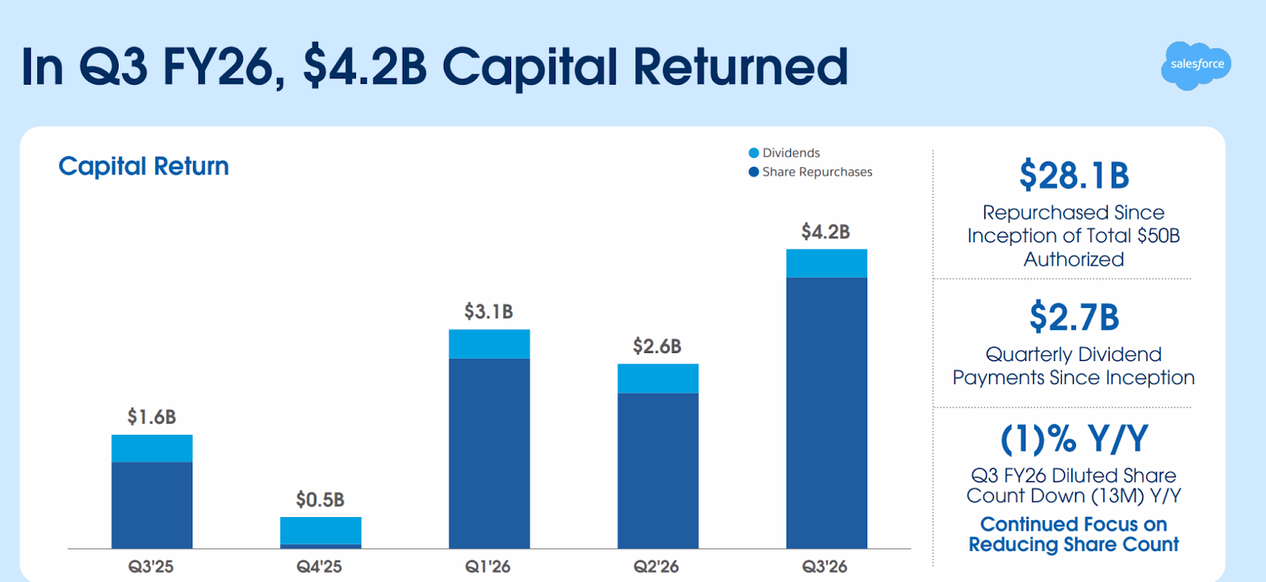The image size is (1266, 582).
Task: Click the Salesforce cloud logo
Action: pyautogui.click(x=1196, y=65)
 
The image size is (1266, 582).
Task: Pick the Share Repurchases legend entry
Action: pyautogui.click(x=810, y=172)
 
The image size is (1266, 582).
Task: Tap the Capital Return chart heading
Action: pyautogui.click(x=143, y=166)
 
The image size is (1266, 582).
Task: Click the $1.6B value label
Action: pyautogui.click(x=152, y=417)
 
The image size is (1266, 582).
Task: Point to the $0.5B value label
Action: pyautogui.click(x=320, y=500)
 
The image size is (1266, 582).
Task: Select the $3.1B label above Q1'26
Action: pyautogui.click(x=489, y=311)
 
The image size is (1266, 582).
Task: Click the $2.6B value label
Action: pyautogui.click(x=657, y=346)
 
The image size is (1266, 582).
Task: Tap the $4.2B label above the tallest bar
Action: pyautogui.click(x=825, y=232)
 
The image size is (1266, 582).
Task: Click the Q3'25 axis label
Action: pyautogui.click(x=151, y=566)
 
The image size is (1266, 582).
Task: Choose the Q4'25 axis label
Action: pyautogui.click(x=320, y=566)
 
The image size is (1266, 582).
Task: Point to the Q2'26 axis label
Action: pyautogui.click(x=656, y=566)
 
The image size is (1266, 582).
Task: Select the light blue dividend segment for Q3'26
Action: pyautogui.click(x=826, y=264)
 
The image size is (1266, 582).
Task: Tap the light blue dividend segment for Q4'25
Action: pyautogui.click(x=320, y=531)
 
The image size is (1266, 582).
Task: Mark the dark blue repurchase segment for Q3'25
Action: pyautogui.click(x=152, y=505)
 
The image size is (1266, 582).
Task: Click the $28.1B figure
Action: pyautogui.click(x=1074, y=176)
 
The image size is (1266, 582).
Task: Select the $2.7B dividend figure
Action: pyautogui.click(x=1074, y=318)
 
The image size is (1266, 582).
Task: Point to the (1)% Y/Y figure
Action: pyautogui.click(x=1074, y=439)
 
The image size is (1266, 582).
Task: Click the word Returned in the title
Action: pyautogui.click(x=740, y=67)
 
